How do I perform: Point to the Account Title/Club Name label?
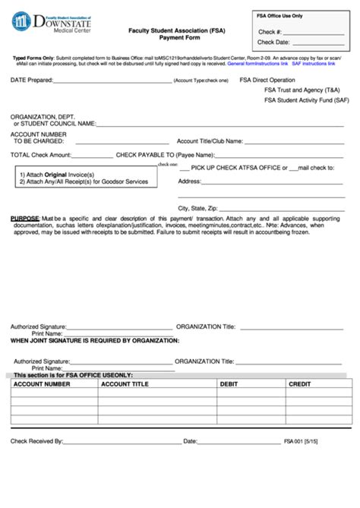click(210, 140)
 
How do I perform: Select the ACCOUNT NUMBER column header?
click(41, 385)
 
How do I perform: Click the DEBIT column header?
click(229, 385)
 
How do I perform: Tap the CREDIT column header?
click(299, 385)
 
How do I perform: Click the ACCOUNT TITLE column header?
click(125, 385)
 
